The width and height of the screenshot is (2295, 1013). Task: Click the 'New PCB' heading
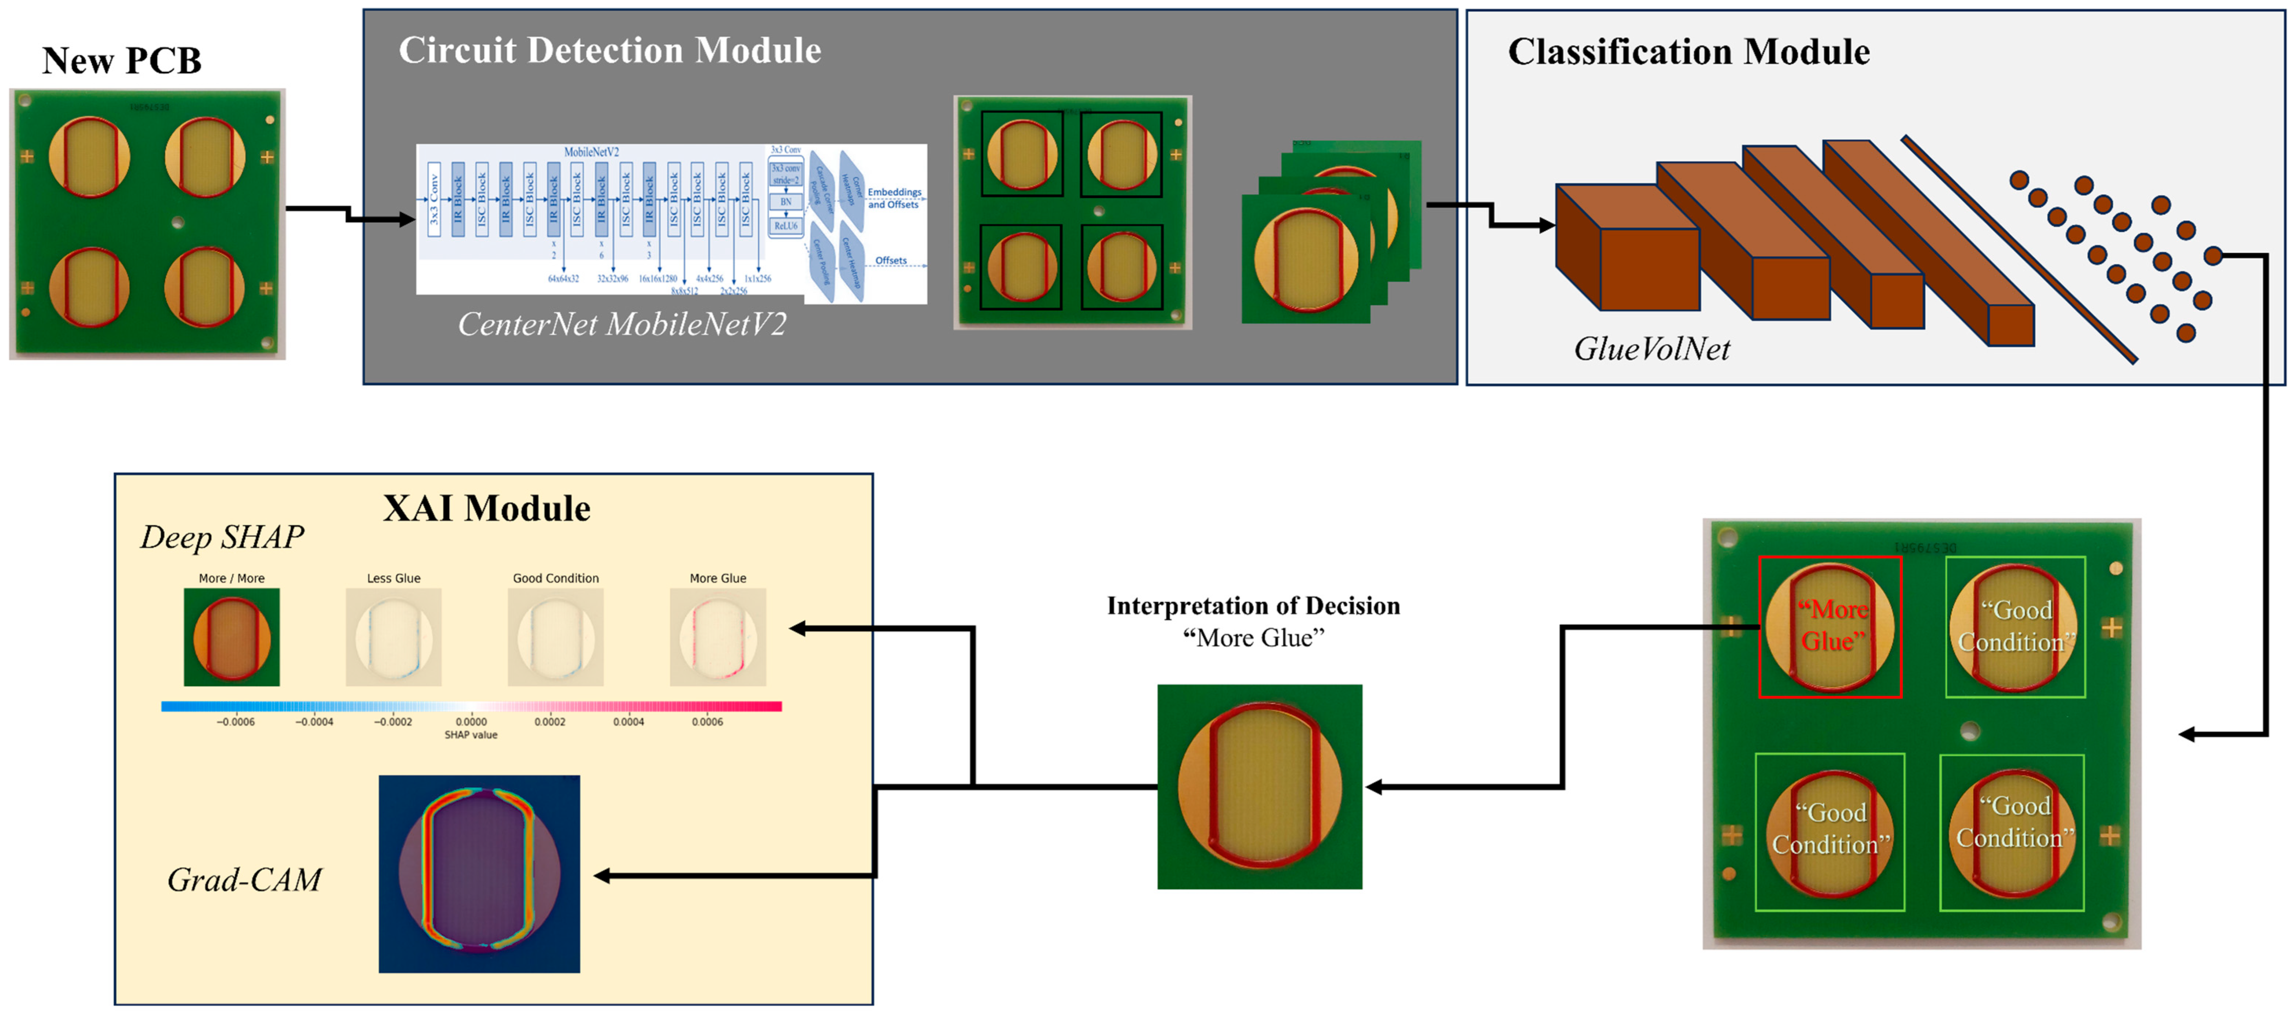[x=122, y=61]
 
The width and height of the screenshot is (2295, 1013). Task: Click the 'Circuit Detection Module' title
[x=609, y=51]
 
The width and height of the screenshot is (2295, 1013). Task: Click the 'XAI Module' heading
[x=486, y=509]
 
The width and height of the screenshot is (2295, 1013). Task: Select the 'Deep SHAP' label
[x=222, y=537]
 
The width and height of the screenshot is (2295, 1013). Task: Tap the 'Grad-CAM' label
[x=244, y=880]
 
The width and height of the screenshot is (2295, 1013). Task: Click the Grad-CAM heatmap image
[x=479, y=874]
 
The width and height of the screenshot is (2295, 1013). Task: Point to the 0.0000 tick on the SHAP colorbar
[x=471, y=722]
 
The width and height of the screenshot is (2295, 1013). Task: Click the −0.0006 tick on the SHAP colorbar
[x=235, y=722]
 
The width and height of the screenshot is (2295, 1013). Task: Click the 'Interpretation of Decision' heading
[x=1253, y=606]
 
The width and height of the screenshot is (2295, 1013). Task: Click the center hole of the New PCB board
[x=178, y=223]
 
